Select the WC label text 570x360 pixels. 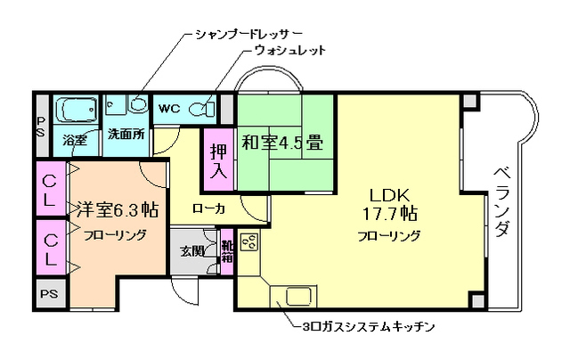tap(169, 109)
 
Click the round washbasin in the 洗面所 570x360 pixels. tap(137, 104)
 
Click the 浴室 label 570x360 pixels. tap(76, 140)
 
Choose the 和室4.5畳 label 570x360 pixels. tap(283, 141)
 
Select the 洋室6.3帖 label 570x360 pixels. tap(116, 210)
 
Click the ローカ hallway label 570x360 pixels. tap(208, 209)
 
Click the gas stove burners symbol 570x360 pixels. tap(248, 241)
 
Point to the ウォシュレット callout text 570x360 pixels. tap(290, 51)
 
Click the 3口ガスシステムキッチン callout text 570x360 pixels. tap(368, 327)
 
